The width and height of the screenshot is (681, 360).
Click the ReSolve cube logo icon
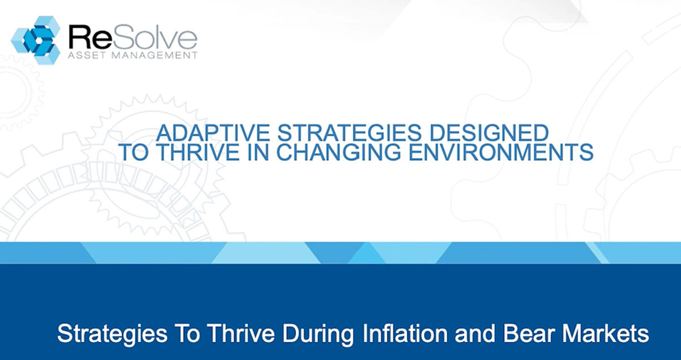point(36,40)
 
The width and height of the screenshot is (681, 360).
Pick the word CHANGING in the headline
point(338,152)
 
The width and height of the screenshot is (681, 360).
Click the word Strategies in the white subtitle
point(112,334)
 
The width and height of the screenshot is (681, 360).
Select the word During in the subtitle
point(318,333)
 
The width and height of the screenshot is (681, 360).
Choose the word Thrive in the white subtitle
point(241,333)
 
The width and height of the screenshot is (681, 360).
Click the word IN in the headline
point(258,152)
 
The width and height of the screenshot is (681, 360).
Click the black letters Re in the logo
point(90,37)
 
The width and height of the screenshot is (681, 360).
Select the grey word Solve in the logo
point(154,37)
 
